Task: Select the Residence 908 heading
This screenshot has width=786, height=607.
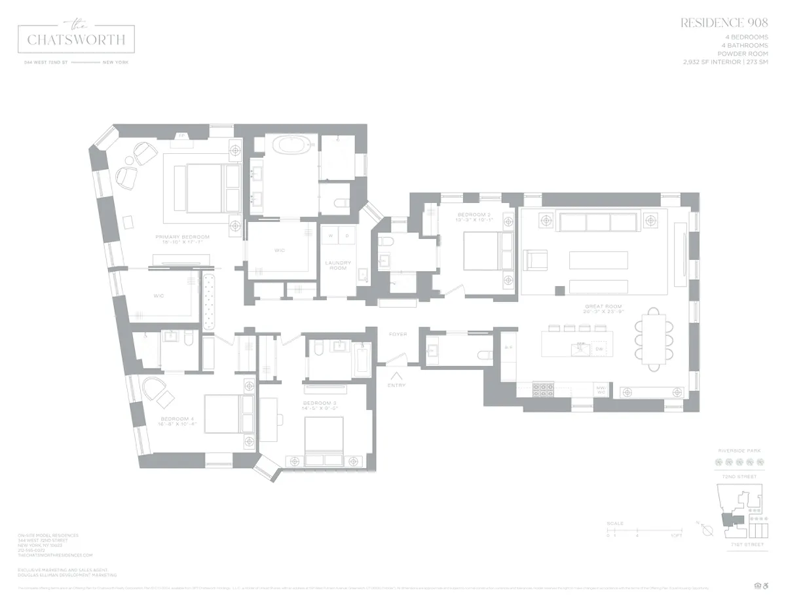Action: click(x=724, y=23)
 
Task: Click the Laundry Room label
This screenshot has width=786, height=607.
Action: click(x=338, y=265)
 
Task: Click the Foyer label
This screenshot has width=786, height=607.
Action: click(x=398, y=335)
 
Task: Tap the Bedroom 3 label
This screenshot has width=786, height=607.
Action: click(x=320, y=403)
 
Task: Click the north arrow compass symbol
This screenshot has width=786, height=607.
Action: click(x=705, y=531)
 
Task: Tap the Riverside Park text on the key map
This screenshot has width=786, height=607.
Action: click(x=739, y=451)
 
